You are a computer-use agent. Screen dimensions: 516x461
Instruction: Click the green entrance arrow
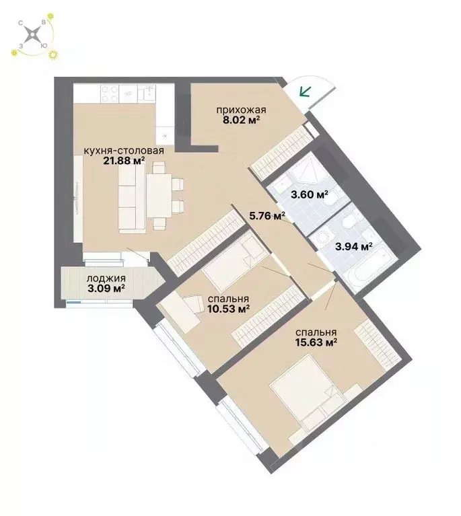point(306,93)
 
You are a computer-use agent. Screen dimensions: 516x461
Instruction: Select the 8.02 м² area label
point(241,122)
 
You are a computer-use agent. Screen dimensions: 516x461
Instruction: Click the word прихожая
point(241,110)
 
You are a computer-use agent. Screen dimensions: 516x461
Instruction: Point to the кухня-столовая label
point(123,150)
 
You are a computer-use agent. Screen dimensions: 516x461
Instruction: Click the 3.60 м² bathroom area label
point(309,195)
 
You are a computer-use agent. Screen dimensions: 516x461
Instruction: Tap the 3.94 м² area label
point(354,246)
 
